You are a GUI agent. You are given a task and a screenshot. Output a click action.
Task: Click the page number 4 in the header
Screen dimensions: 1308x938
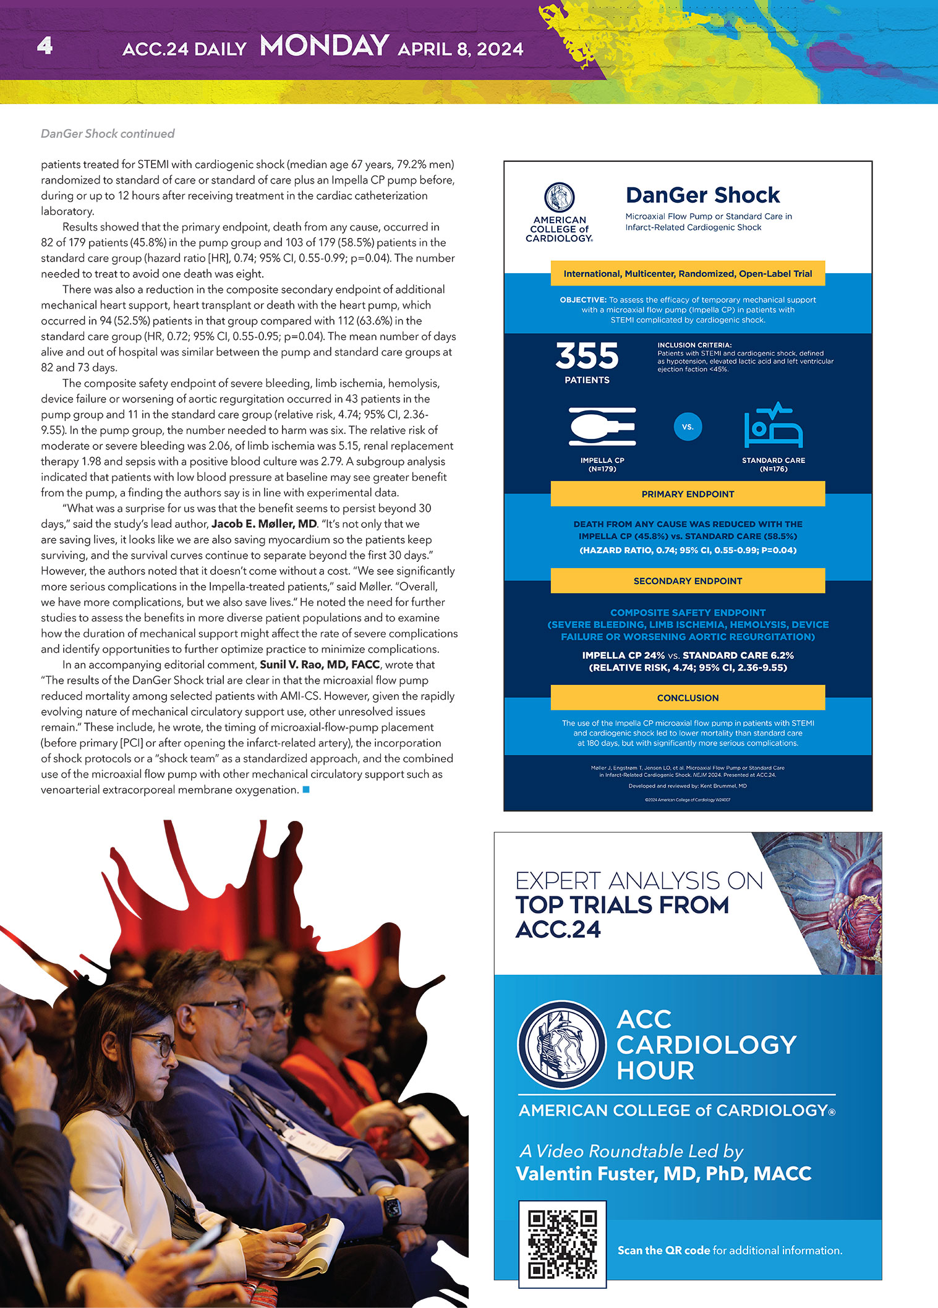coord(45,46)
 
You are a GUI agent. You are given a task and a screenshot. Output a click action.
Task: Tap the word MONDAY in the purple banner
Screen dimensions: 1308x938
coord(324,46)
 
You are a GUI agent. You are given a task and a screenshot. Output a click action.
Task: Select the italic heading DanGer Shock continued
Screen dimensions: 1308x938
coord(108,134)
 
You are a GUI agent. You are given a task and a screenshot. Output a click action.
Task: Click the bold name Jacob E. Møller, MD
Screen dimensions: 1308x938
coord(264,524)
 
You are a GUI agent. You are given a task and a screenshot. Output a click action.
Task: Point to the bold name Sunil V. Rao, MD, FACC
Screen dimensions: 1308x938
coord(320,665)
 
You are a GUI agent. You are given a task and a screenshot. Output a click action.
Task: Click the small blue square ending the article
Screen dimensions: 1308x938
coord(305,789)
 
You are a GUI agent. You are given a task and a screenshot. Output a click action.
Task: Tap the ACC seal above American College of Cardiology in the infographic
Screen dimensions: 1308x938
coord(559,198)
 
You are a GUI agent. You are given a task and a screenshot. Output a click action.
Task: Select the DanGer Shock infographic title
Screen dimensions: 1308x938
coord(702,195)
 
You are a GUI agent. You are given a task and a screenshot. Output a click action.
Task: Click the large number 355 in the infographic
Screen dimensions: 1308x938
coord(586,356)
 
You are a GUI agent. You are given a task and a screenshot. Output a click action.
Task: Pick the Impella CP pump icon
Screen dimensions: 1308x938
coord(602,427)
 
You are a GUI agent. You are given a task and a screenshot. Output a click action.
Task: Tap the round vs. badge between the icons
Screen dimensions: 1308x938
coord(688,427)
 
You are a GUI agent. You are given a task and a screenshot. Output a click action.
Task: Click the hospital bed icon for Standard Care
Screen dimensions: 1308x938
coord(773,426)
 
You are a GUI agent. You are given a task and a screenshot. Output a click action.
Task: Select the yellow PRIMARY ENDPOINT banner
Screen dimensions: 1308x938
coord(688,494)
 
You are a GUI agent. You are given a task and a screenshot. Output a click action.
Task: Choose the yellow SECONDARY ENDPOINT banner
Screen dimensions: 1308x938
coord(688,581)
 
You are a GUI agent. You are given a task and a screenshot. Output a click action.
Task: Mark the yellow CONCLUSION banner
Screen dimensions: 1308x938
coord(688,698)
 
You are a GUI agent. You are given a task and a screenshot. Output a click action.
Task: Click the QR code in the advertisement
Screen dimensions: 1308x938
coord(562,1244)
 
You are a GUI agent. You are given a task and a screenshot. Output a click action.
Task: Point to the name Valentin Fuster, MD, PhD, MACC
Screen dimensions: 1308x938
coord(663,1173)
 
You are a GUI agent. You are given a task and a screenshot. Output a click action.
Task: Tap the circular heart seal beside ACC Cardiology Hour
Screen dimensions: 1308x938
coord(561,1045)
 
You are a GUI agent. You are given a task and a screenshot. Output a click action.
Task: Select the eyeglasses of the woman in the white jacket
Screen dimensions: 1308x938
coord(150,1044)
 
